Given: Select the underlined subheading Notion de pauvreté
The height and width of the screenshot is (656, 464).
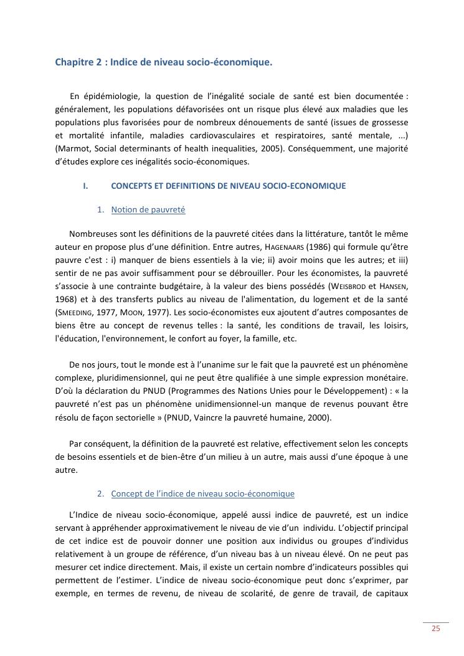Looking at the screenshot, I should pos(148,210).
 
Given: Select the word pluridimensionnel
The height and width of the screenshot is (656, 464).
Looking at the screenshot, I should pos(134,378).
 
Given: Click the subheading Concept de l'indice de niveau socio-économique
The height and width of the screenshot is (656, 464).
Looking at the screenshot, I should pos(202,493).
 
